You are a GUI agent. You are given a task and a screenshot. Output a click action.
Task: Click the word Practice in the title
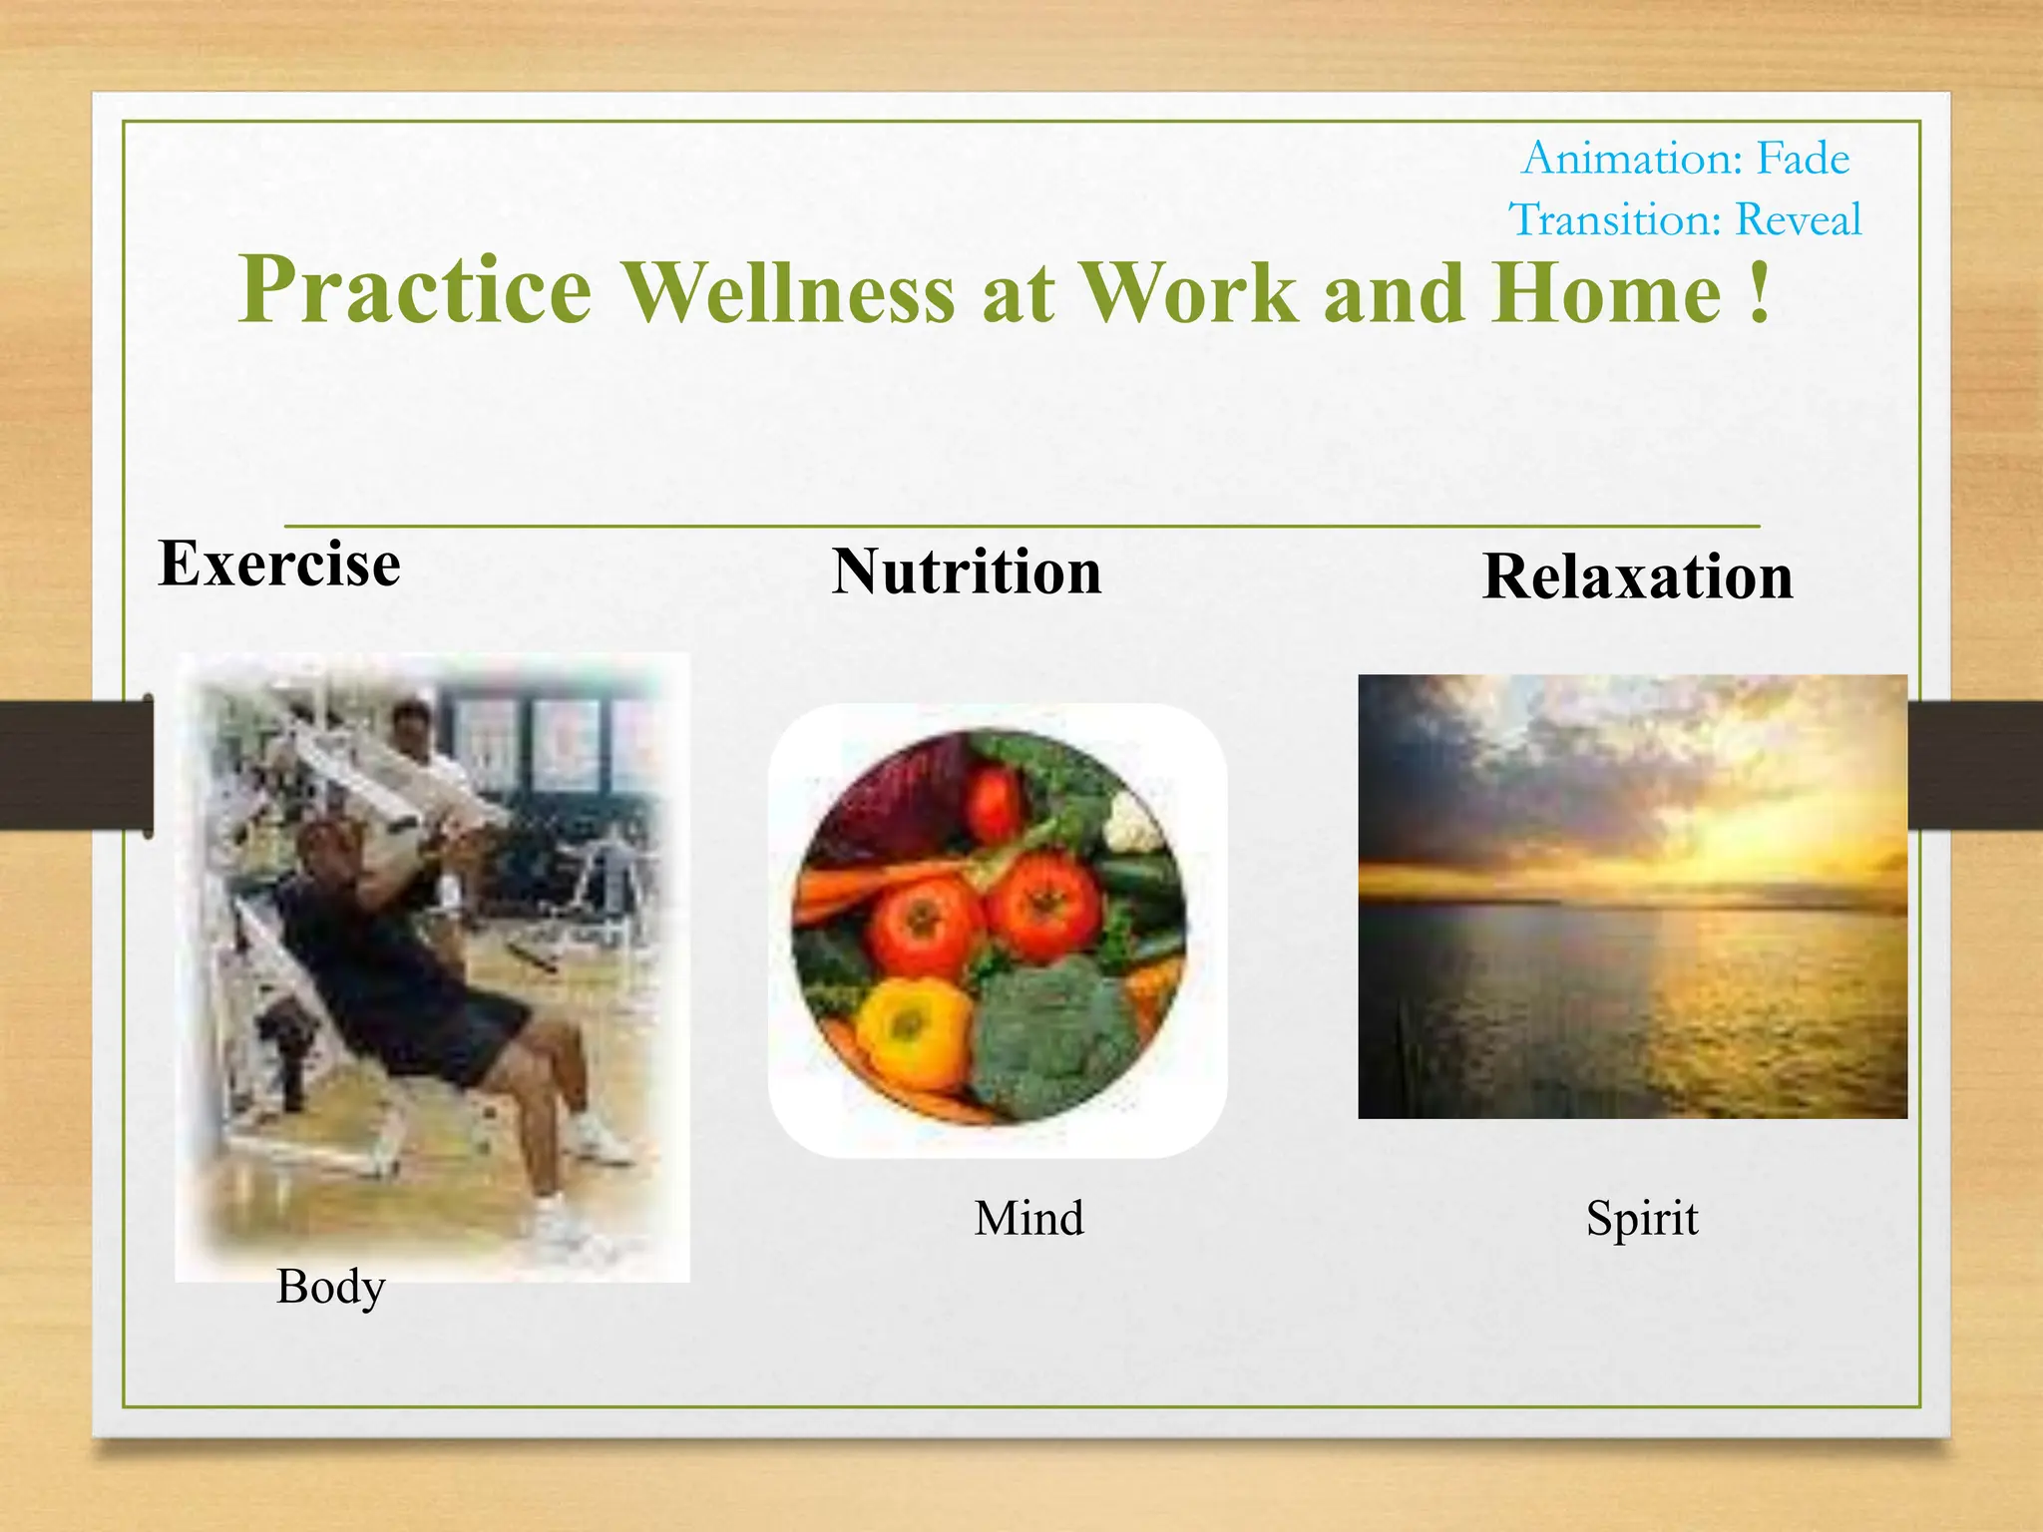click(x=415, y=291)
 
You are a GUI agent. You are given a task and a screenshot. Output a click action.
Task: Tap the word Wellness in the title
click(x=788, y=293)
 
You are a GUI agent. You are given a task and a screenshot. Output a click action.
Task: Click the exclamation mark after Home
click(x=1760, y=293)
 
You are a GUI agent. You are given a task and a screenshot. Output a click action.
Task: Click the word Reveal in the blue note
click(x=1798, y=219)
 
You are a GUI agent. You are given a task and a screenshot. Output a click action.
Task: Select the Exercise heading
click(x=279, y=565)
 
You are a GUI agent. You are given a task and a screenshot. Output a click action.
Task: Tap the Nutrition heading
click(x=967, y=573)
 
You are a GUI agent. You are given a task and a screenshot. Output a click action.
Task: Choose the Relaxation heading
click(x=1637, y=577)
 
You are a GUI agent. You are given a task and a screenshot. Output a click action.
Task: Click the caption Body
click(x=330, y=1287)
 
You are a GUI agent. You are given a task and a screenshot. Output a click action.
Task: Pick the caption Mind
click(x=1028, y=1219)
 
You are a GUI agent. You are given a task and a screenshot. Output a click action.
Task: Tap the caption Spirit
click(x=1641, y=1219)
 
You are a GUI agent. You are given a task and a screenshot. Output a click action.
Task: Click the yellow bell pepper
click(x=913, y=1032)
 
